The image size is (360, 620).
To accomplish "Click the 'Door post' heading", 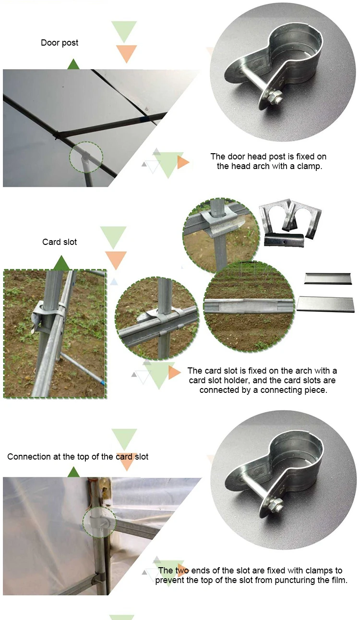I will coord(60,43).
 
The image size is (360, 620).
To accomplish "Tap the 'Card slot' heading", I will coord(60,242).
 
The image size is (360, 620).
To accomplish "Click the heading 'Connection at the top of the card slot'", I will coord(78,456).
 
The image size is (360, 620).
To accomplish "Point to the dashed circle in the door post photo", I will coord(86,157).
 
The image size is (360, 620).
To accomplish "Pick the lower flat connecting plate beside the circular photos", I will coord(325,304).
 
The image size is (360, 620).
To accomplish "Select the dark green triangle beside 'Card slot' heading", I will coord(61,263).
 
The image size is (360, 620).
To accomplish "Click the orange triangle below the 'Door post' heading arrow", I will coord(126,54).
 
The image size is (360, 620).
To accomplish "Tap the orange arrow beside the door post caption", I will coord(183,162).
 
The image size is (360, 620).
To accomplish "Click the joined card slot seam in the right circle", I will coord(248,305).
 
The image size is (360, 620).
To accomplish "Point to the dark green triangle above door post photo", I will coord(73,64).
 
